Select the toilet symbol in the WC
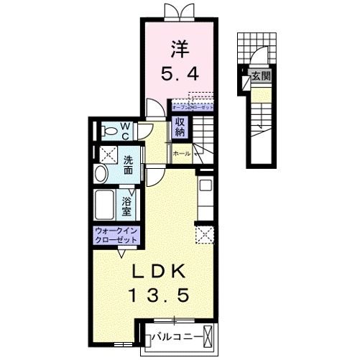110,131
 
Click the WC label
125,131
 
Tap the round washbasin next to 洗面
101,172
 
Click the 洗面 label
127,166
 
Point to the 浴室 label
127,206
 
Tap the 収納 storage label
180,127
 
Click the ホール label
182,153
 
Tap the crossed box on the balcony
208,336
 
